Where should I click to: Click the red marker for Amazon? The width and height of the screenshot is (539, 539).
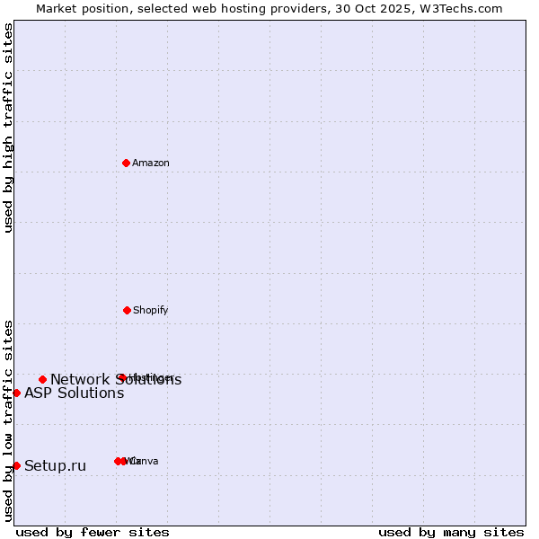pyautogui.click(x=126, y=163)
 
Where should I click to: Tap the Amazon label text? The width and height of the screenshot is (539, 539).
pyautogui.click(x=151, y=163)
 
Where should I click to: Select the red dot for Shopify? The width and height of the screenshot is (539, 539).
pyautogui.click(x=127, y=310)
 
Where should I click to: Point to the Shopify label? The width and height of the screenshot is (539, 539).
pyautogui.click(x=151, y=311)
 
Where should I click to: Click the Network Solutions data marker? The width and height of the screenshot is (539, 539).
pyautogui.click(x=42, y=379)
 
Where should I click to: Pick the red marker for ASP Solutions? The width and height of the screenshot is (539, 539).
pyautogui.click(x=16, y=393)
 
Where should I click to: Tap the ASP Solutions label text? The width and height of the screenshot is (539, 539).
pyautogui.click(x=74, y=393)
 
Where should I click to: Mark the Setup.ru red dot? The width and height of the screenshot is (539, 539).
pyautogui.click(x=16, y=465)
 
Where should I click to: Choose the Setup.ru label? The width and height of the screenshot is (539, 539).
pyautogui.click(x=55, y=466)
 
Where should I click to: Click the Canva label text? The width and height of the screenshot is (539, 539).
pyautogui.click(x=146, y=462)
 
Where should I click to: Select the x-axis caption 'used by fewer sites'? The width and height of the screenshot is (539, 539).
pyautogui.click(x=93, y=532)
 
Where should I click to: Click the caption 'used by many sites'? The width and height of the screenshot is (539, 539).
pyautogui.click(x=451, y=532)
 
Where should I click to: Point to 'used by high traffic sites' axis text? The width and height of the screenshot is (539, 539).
pyautogui.click(x=8, y=128)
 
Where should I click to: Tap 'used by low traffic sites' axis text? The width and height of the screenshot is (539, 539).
pyautogui.click(x=8, y=420)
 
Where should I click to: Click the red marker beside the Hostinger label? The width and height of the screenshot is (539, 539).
pyautogui.click(x=121, y=377)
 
